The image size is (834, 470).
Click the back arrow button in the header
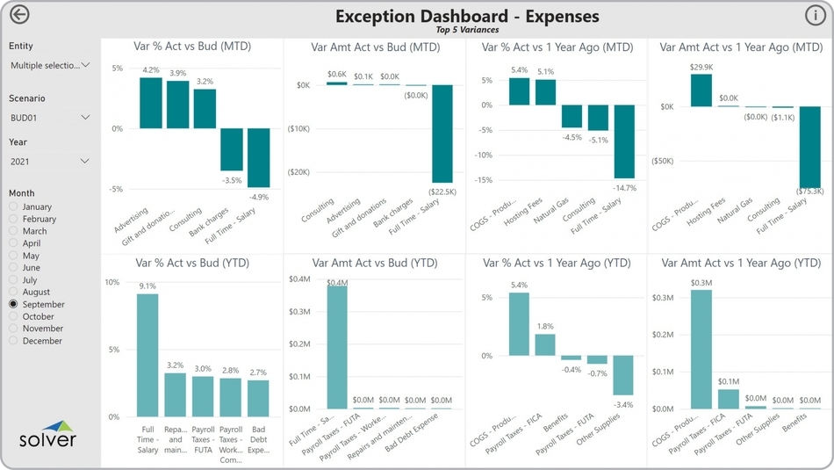tap(19, 15)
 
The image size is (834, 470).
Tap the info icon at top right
tap(814, 15)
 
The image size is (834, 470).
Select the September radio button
tap(13, 304)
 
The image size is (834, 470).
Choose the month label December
tap(42, 341)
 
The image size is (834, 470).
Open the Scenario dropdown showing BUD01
tap(49, 118)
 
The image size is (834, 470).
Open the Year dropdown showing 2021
tap(49, 162)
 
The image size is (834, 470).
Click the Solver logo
tap(48, 435)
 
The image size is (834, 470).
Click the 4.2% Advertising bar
tap(151, 104)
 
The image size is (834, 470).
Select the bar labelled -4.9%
tap(258, 158)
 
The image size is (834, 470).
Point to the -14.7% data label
tap(625, 187)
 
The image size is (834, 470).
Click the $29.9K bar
tap(701, 90)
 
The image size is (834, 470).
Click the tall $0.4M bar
tap(337, 347)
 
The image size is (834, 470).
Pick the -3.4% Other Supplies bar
tap(623, 375)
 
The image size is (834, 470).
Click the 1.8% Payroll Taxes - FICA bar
tap(545, 344)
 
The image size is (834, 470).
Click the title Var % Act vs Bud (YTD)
tap(192, 263)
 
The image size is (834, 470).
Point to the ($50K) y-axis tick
tap(662, 162)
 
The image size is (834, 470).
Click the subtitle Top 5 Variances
tap(467, 30)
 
